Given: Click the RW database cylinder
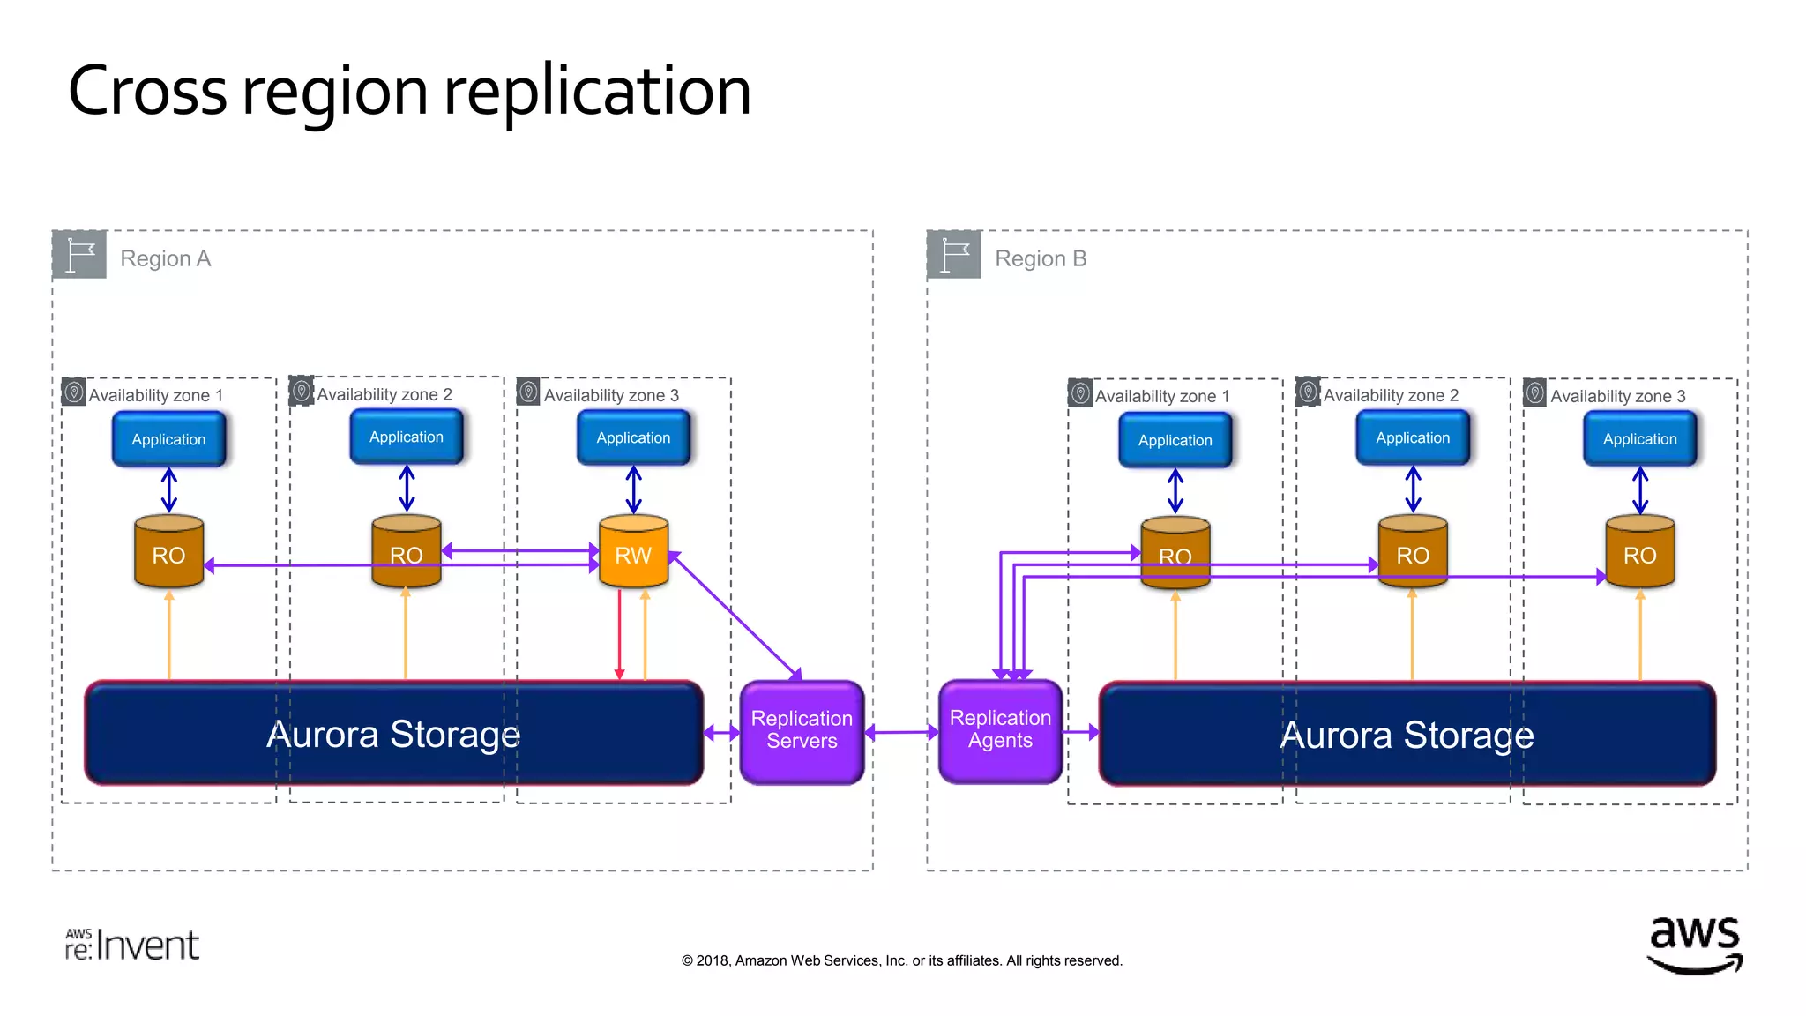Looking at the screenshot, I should (x=633, y=552).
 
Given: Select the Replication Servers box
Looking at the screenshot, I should (x=802, y=730).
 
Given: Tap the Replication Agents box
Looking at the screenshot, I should (x=1000, y=730).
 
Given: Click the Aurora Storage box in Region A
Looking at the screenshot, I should (x=393, y=734).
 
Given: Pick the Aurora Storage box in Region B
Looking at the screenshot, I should (x=1407, y=735).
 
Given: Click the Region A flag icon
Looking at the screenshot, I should (x=79, y=255).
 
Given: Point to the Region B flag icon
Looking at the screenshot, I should (x=954, y=255).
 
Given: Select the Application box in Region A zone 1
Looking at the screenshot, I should (x=168, y=439).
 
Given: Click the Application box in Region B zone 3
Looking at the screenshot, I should (x=1639, y=439).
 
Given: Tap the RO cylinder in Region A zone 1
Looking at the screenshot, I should (x=168, y=552).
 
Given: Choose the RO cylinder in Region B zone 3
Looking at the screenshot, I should (x=1639, y=552).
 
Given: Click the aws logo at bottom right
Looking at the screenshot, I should (x=1694, y=944).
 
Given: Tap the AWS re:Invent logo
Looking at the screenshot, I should (x=132, y=945).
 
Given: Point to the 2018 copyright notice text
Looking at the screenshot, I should (x=901, y=960).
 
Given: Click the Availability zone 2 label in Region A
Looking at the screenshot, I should (x=384, y=394).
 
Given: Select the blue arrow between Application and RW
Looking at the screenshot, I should (x=633, y=489).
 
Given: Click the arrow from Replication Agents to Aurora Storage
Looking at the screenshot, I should (x=1080, y=732).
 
